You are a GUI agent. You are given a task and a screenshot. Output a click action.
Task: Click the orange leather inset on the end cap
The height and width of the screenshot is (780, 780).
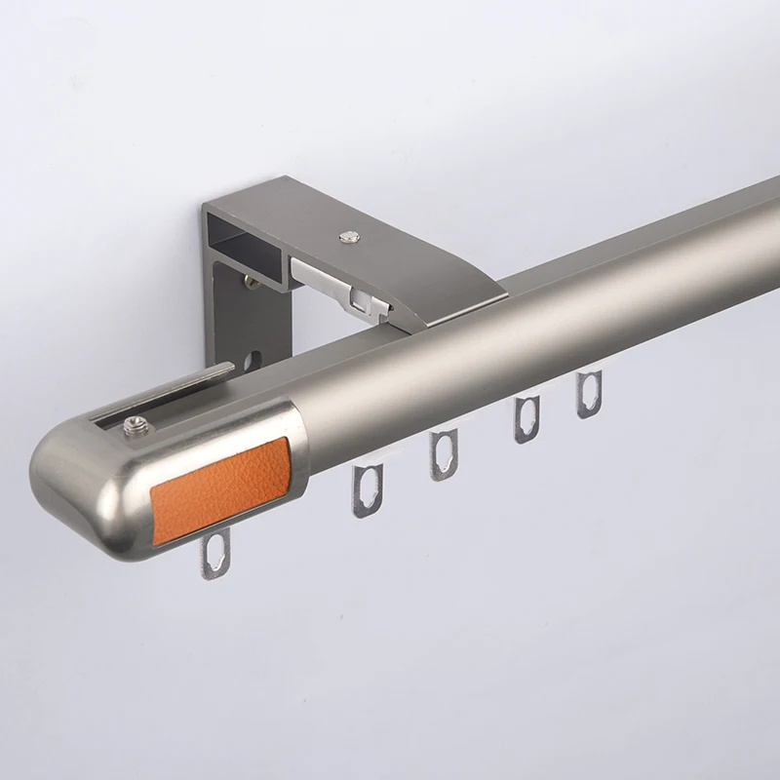point(219,487)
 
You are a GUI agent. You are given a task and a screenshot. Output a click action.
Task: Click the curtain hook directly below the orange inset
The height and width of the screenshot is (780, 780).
point(215,557)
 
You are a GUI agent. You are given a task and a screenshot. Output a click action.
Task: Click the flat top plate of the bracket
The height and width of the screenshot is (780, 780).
point(390,244)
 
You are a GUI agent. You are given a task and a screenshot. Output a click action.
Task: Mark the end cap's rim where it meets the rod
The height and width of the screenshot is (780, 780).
point(302,444)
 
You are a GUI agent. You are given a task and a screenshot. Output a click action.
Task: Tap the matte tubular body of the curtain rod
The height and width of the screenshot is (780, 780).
point(536,312)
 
